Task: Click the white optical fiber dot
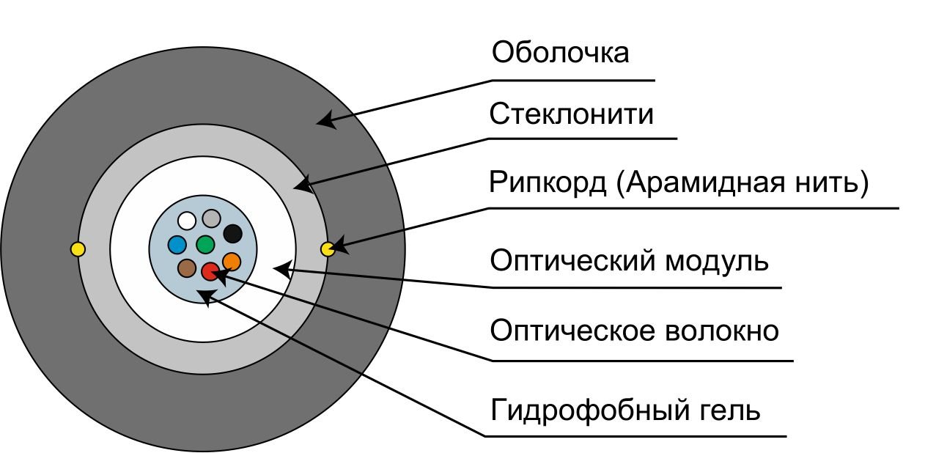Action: tap(187, 220)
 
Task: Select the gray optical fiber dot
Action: tap(212, 218)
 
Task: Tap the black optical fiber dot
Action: tap(232, 234)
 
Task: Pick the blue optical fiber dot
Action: tap(177, 244)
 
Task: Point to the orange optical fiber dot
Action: tap(231, 261)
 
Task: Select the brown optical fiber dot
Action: tap(186, 268)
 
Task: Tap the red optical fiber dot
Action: tap(210, 272)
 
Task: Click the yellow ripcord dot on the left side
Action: tap(78, 249)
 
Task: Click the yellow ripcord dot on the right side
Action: tap(328, 249)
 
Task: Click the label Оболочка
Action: tap(560, 54)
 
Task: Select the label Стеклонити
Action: tap(571, 115)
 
